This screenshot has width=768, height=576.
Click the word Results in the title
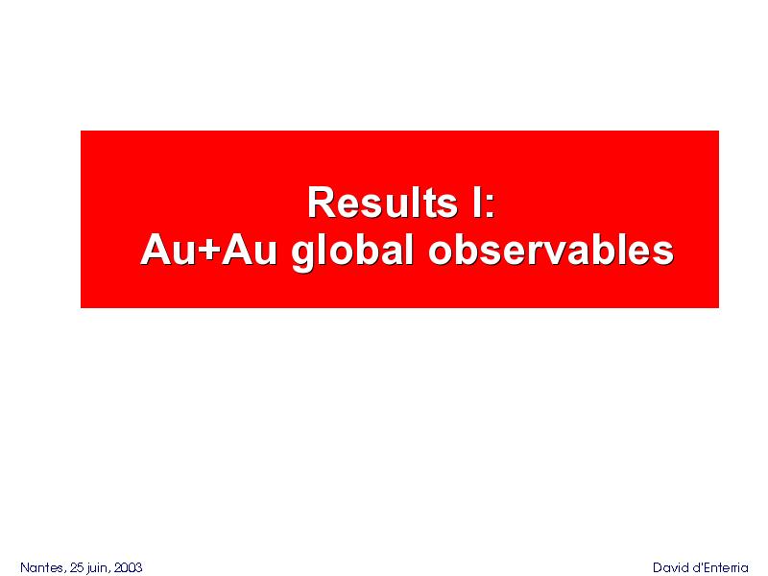382,202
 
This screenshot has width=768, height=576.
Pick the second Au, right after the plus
249,250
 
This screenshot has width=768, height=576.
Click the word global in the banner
351,252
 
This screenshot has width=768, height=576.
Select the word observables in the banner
550,250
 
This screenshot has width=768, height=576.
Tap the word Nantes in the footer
41,567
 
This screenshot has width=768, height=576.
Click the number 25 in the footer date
77,567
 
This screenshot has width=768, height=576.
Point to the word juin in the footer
97,568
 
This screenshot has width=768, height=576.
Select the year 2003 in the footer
128,567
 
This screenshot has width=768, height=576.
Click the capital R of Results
320,202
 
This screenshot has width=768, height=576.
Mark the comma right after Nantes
64,572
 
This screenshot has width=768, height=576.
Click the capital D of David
658,567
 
